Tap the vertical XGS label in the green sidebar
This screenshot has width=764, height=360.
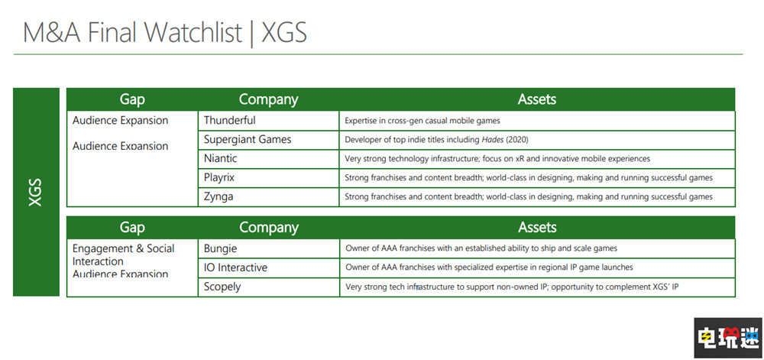36,192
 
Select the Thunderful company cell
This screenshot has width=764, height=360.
230,121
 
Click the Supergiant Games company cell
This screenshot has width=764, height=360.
248,140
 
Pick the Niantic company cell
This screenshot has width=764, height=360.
221,159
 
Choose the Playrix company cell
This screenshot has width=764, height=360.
220,178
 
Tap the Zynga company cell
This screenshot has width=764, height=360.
219,197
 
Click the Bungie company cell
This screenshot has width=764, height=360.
221,248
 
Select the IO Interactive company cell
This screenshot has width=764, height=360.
235,268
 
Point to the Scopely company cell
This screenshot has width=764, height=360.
222,287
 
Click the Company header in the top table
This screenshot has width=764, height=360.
268,99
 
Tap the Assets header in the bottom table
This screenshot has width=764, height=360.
537,228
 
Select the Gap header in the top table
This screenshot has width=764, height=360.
132,99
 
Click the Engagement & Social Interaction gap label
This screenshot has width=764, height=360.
122,255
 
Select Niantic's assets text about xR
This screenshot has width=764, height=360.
497,159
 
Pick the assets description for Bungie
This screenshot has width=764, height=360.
481,248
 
